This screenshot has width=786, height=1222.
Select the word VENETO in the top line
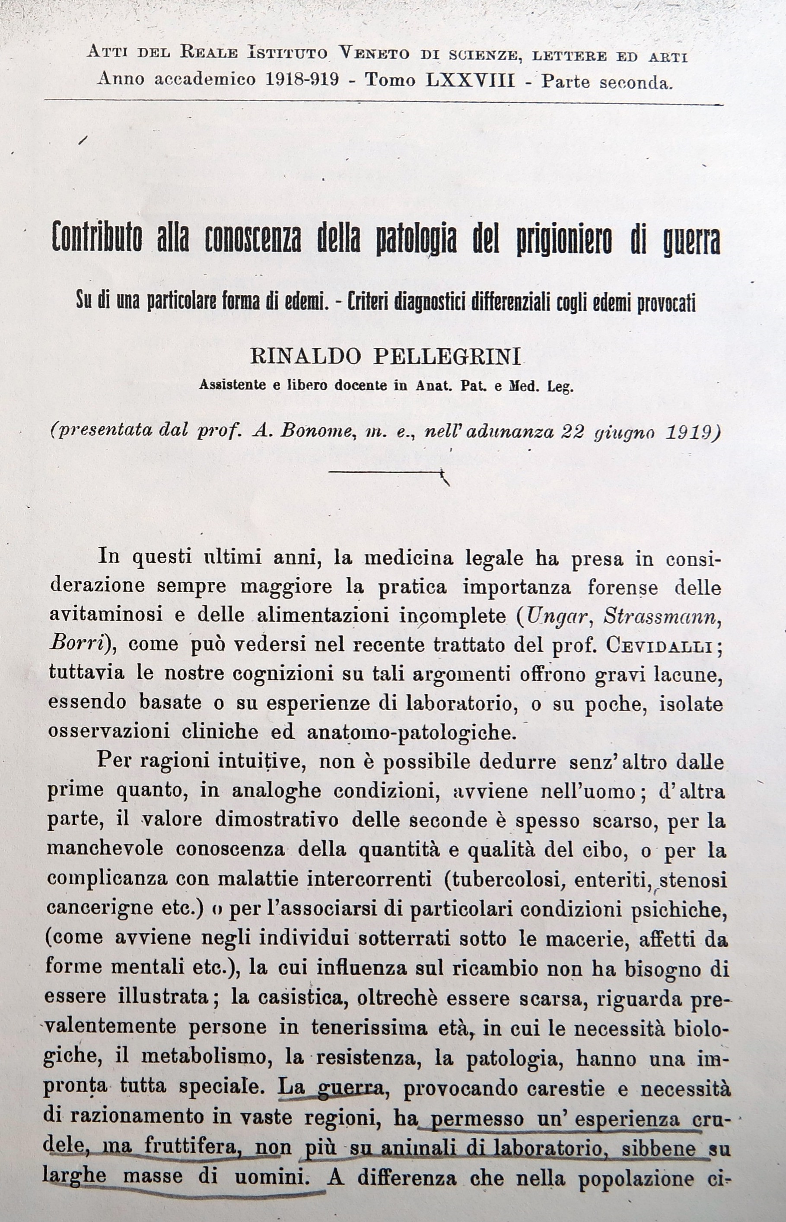(x=374, y=53)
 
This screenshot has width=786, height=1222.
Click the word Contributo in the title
(x=97, y=240)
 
